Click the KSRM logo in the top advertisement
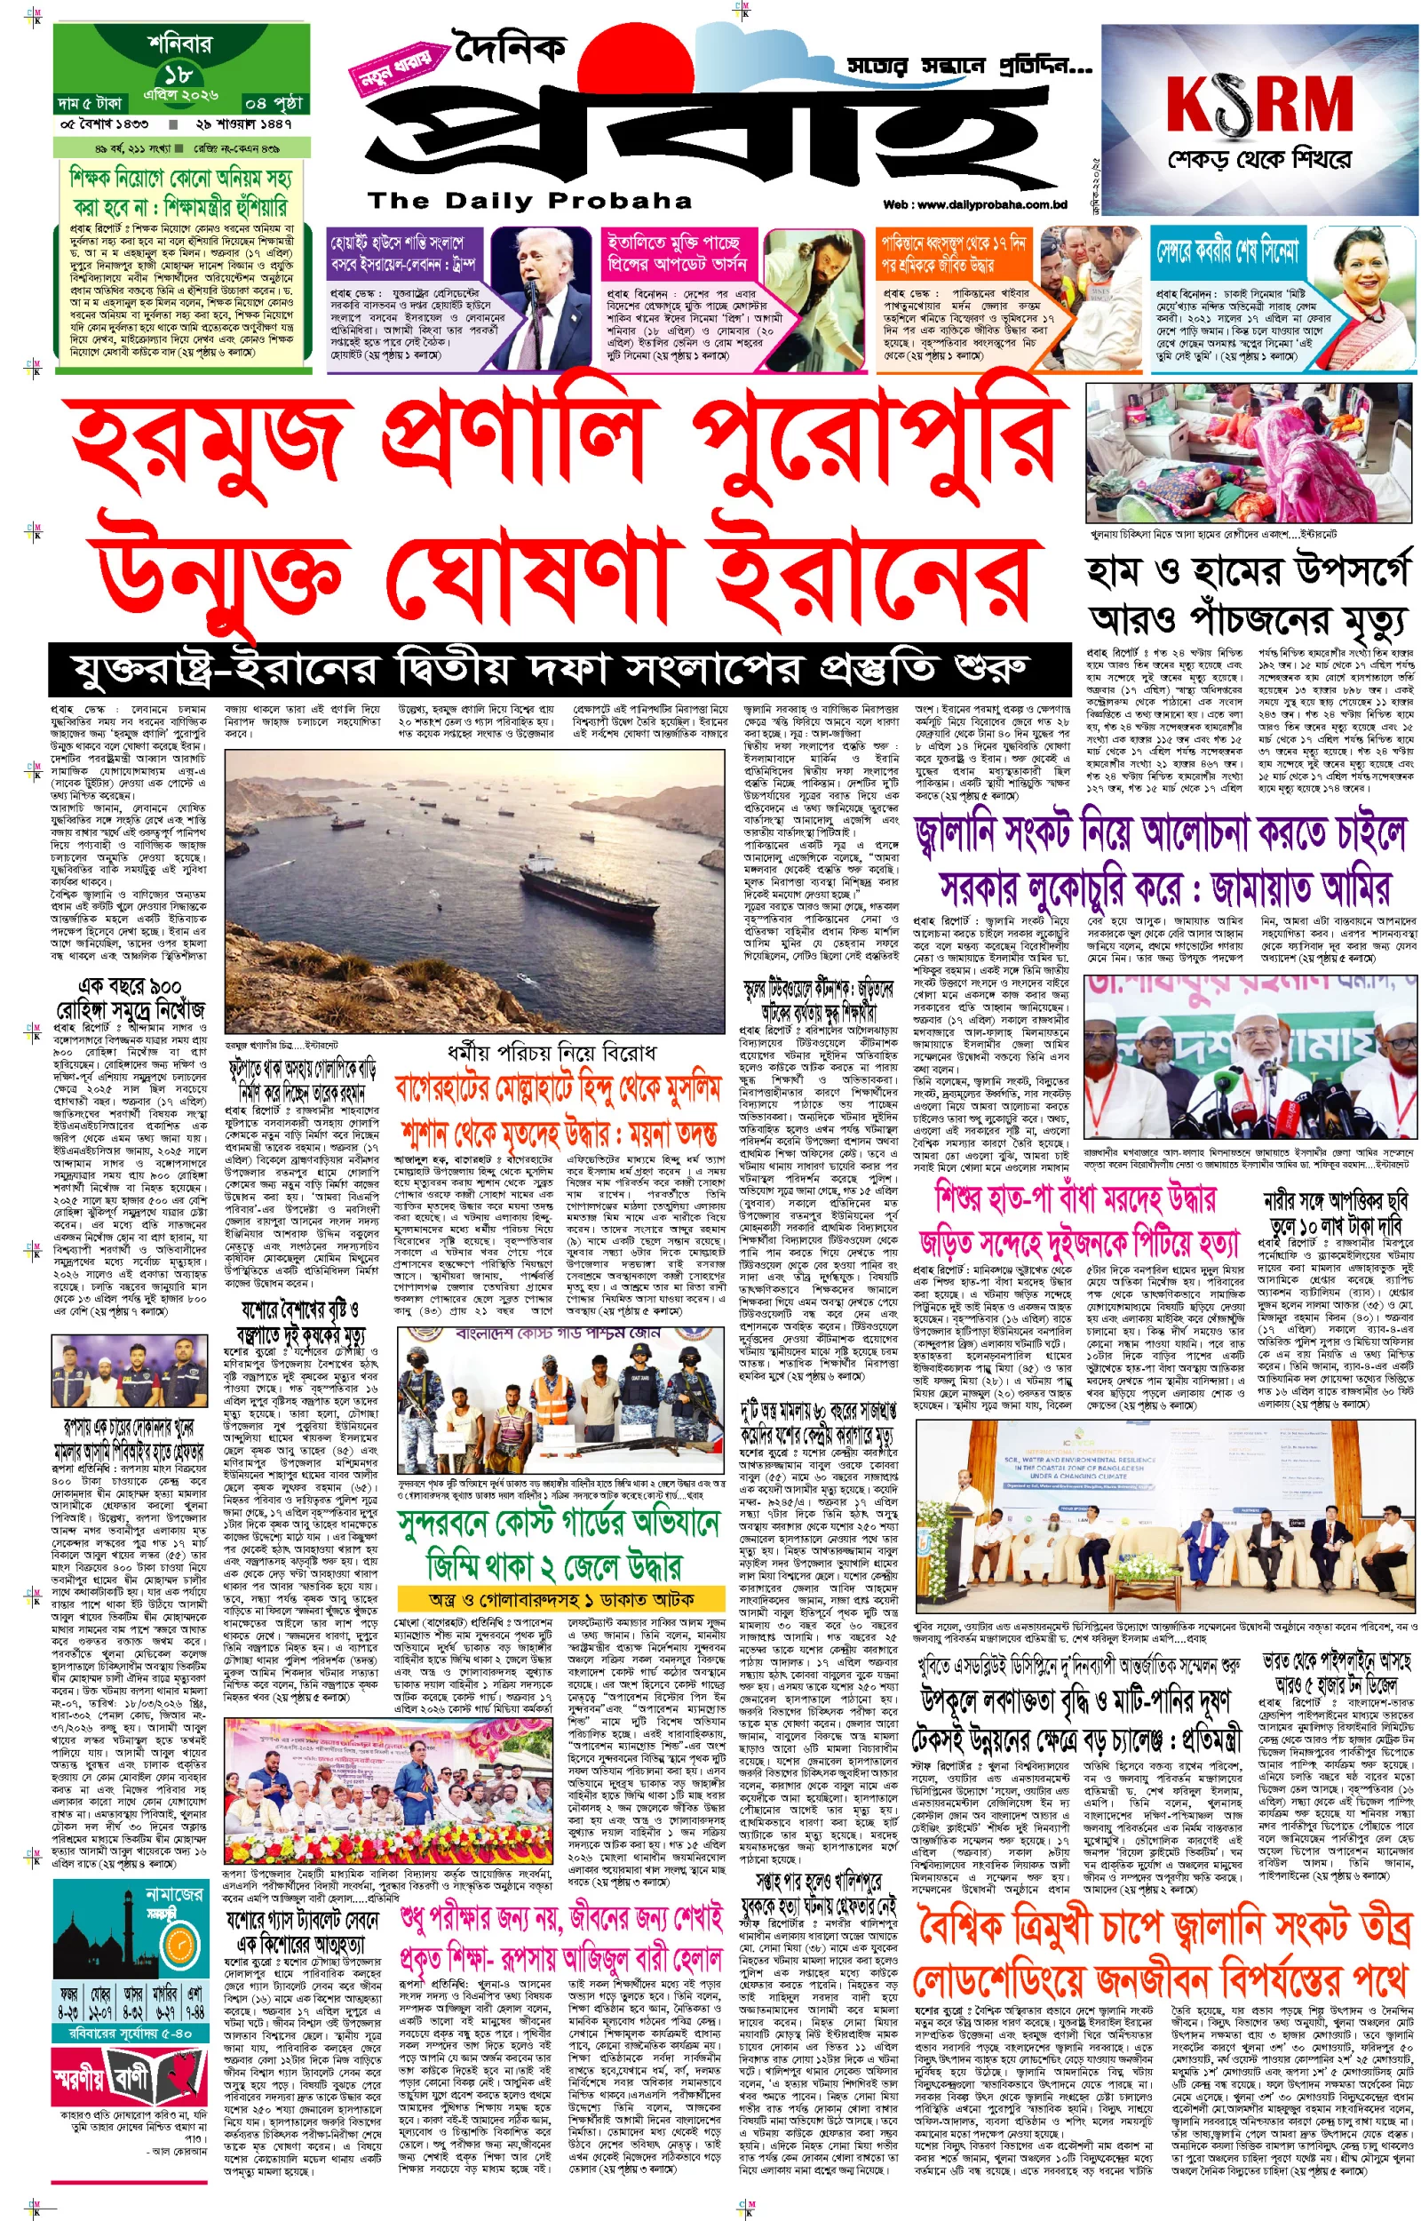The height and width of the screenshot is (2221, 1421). pos(1258,104)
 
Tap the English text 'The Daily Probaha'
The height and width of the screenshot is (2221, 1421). pos(529,200)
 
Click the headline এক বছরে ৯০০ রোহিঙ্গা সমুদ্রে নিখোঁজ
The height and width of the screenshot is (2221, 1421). pos(129,999)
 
